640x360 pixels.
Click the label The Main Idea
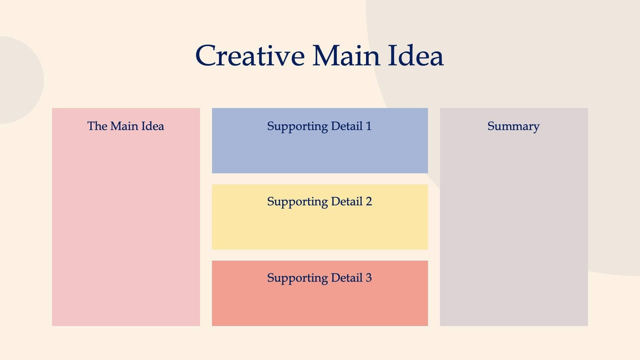[x=126, y=126]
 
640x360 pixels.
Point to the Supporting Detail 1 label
[x=319, y=126]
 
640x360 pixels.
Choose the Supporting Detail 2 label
[x=319, y=202]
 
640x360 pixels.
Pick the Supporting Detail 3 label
[x=319, y=278]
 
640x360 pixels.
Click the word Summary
[x=513, y=126]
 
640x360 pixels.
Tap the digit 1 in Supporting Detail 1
[x=368, y=126]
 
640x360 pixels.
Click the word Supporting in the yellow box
[x=297, y=202]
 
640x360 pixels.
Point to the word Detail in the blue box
[x=346, y=126]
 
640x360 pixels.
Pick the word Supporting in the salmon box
[x=297, y=278]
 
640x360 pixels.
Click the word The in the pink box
[x=97, y=126]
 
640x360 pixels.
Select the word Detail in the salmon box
[x=346, y=278]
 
